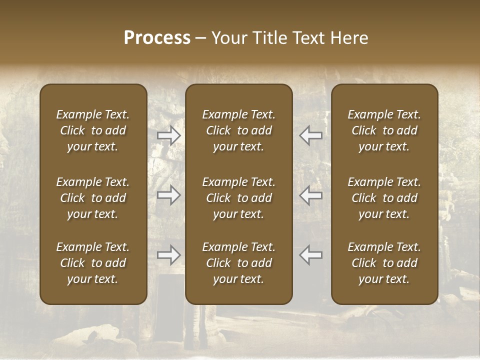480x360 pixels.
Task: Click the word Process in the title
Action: point(157,38)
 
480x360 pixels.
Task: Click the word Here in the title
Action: point(349,38)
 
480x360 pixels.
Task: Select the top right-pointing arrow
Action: point(168,135)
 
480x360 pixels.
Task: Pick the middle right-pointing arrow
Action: point(168,195)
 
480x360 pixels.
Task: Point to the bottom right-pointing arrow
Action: point(168,255)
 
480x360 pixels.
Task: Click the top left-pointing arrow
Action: point(310,135)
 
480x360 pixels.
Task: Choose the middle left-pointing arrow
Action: point(310,195)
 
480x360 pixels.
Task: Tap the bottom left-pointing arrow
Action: point(310,255)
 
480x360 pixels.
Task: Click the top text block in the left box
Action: point(93,130)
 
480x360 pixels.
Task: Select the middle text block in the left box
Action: point(93,198)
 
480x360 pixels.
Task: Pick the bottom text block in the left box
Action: point(93,263)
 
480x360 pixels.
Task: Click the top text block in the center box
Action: point(239,130)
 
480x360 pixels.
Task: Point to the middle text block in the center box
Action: point(239,198)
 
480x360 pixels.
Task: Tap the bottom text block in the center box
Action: point(239,263)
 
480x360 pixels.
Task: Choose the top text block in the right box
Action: point(384,130)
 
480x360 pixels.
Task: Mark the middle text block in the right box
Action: point(384,198)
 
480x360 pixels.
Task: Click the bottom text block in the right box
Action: point(384,263)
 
